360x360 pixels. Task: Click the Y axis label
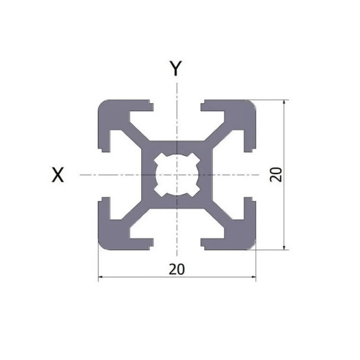coord(176,69)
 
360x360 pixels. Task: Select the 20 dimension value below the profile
coord(176,269)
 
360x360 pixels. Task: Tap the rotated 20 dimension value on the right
coord(275,174)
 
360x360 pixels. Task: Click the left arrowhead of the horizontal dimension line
coord(102,278)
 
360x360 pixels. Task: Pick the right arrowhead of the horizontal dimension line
coord(252,278)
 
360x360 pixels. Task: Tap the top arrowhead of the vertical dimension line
coord(285,102)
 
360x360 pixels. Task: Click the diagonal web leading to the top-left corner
coord(138,137)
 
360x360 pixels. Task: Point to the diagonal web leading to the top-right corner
coord(214,137)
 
